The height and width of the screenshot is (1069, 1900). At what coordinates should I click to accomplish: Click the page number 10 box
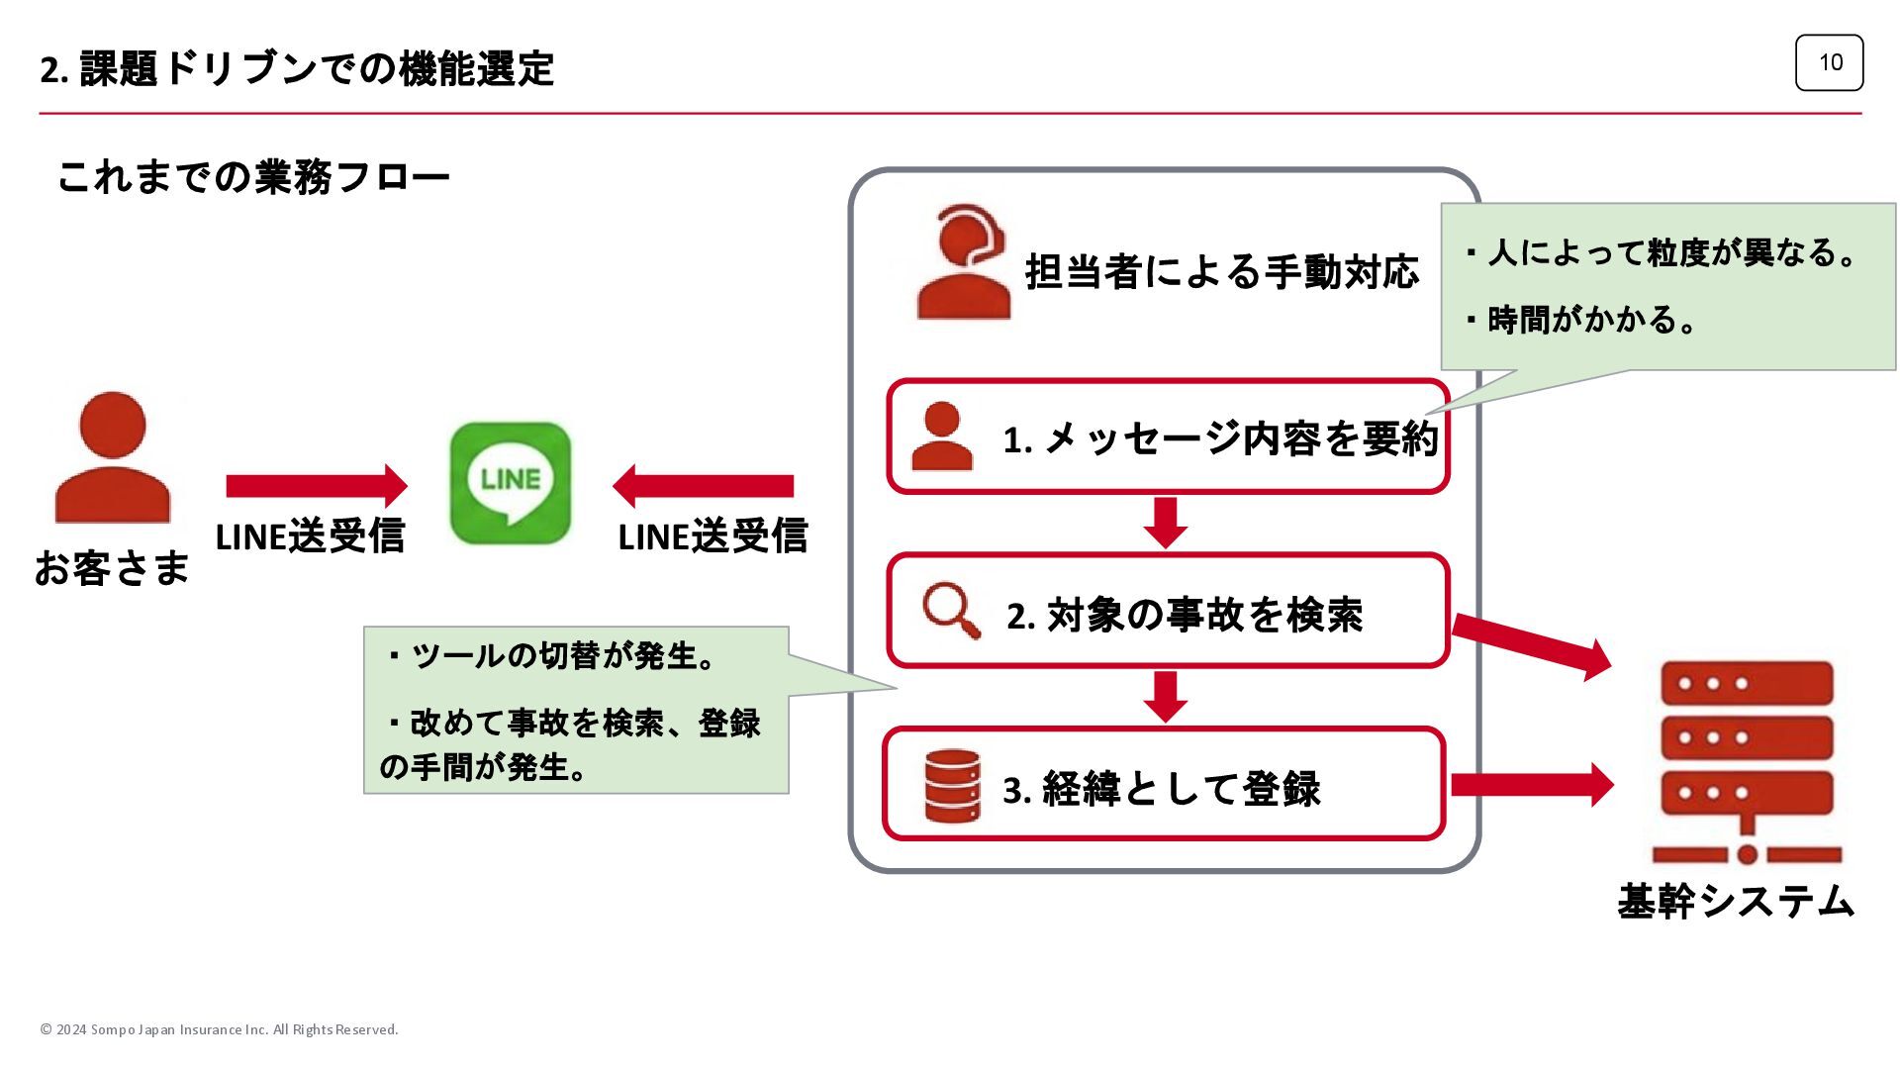click(x=1829, y=62)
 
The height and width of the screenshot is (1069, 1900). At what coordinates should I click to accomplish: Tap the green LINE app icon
click(x=511, y=483)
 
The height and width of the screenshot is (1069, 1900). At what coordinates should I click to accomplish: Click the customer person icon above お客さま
click(x=113, y=457)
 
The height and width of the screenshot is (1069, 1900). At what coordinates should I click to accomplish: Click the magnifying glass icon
click(x=951, y=610)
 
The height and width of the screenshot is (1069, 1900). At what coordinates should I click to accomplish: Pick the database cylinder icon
click(x=952, y=786)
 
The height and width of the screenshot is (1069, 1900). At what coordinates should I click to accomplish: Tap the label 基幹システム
click(x=1736, y=902)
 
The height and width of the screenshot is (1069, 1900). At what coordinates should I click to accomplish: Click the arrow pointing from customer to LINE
click(x=317, y=486)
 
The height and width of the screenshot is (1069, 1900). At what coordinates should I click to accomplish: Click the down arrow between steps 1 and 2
click(x=1166, y=522)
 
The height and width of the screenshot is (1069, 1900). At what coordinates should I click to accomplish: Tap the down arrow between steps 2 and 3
click(x=1166, y=696)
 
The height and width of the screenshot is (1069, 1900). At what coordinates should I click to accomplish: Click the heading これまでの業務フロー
click(x=253, y=177)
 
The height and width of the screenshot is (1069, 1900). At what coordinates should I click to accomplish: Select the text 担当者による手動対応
click(x=1221, y=272)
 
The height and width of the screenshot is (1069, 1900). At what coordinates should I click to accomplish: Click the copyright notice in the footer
click(x=219, y=1029)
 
